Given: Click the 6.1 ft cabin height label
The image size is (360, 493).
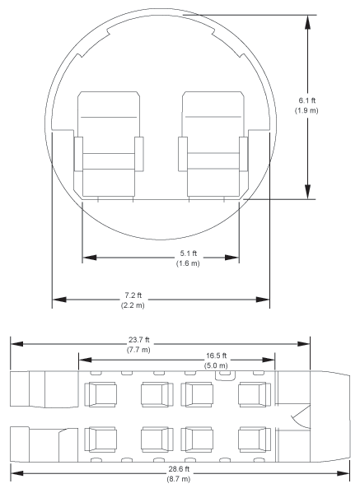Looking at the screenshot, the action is [x=306, y=100].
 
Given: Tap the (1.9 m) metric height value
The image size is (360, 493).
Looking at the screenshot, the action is [x=306, y=110].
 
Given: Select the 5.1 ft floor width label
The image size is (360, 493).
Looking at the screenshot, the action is [x=188, y=253].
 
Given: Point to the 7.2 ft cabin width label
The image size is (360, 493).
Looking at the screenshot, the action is [x=133, y=295].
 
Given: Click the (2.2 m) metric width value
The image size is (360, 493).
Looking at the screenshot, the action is [x=133, y=305].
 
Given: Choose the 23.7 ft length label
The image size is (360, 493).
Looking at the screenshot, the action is [x=138, y=340].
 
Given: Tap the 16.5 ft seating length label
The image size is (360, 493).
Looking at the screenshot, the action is [x=216, y=356].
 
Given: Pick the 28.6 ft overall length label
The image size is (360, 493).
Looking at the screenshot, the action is [x=179, y=469].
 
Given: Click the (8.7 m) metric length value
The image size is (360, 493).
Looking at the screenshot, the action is [x=179, y=479].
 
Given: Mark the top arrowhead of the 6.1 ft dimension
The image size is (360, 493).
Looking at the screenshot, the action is [x=308, y=22].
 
